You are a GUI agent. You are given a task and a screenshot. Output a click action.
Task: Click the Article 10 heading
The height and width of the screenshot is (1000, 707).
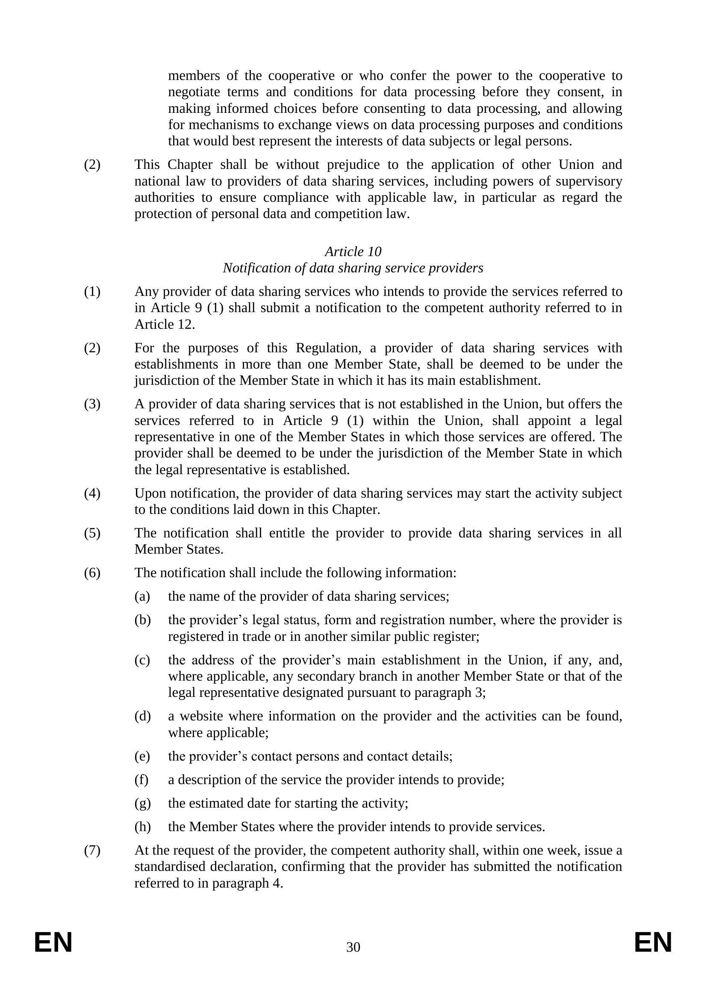[x=353, y=252]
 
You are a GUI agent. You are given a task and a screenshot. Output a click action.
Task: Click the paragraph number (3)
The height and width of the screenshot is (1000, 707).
[x=92, y=404]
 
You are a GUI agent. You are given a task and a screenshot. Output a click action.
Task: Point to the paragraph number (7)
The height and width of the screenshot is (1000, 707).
[x=92, y=850]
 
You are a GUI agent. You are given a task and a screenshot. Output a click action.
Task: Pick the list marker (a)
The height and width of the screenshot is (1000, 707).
[x=142, y=596]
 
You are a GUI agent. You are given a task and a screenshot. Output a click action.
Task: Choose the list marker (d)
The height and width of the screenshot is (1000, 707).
[x=142, y=716]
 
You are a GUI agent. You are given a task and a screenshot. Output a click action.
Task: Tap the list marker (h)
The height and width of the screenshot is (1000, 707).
[x=142, y=827]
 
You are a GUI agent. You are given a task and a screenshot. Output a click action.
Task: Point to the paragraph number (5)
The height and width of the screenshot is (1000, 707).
[x=92, y=533]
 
